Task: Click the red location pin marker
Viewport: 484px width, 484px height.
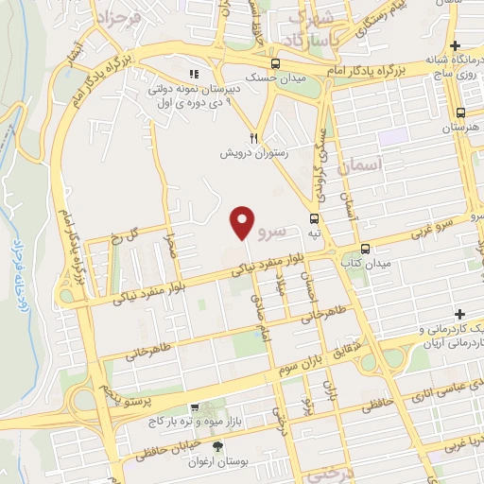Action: click(x=243, y=222)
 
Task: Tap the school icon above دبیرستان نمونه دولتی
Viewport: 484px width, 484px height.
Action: click(x=195, y=74)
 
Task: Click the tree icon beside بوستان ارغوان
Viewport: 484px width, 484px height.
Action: click(x=219, y=446)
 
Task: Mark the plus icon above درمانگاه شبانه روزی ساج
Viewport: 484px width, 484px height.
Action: click(x=456, y=45)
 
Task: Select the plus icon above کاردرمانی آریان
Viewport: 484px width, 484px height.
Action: click(x=459, y=314)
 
